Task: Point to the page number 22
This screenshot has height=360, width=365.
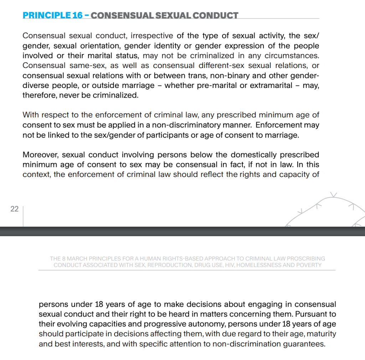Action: tap(14, 209)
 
